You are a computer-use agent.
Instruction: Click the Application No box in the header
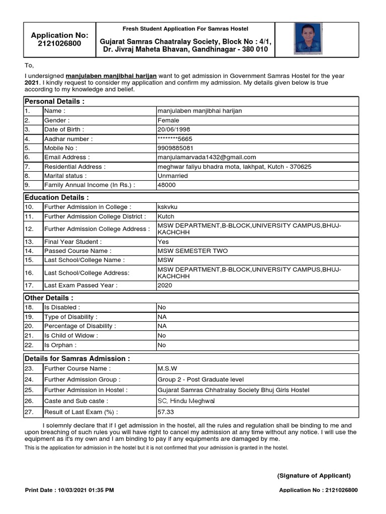click(59, 39)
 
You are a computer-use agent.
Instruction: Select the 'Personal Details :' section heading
click(55, 101)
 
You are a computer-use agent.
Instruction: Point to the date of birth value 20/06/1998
click(174, 130)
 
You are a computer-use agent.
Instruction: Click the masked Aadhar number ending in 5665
click(174, 139)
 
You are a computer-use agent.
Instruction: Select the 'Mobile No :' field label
click(61, 148)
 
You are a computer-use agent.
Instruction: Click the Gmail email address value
click(207, 157)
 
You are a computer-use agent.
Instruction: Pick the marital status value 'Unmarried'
click(172, 176)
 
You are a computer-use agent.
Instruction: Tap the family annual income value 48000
click(166, 185)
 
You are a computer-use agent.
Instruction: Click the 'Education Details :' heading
click(57, 197)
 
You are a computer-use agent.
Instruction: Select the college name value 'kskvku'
click(167, 207)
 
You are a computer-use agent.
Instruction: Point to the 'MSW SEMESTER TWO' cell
click(192, 250)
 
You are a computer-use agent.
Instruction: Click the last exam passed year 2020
click(165, 285)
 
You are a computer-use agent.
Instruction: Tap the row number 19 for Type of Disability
click(28, 317)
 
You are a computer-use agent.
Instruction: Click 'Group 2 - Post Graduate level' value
click(201, 379)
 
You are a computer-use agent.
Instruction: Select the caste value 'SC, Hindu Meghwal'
click(186, 401)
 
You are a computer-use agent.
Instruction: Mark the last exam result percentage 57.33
click(166, 412)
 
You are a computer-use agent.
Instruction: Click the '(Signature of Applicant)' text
click(314, 476)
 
